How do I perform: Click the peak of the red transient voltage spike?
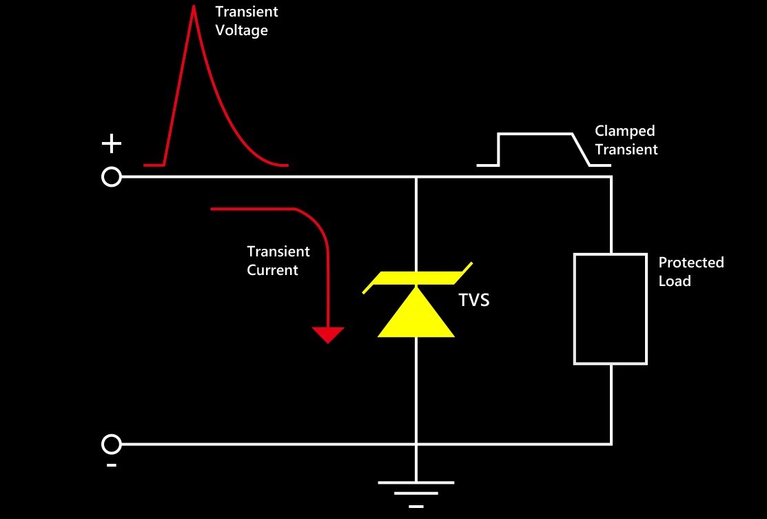click(194, 6)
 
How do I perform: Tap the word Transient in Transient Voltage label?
click(247, 12)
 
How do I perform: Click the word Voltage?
click(242, 30)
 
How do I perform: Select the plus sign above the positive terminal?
click(112, 144)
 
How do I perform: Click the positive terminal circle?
click(112, 177)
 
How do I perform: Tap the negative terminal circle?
click(112, 444)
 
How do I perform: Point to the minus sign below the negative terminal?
click(112, 465)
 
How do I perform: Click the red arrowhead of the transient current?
click(328, 334)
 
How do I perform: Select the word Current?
click(272, 270)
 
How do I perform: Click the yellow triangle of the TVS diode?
click(416, 313)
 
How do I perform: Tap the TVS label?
click(473, 300)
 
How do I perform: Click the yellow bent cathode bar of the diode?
click(416, 278)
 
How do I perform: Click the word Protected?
click(691, 263)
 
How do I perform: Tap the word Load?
click(675, 281)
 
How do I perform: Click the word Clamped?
click(624, 131)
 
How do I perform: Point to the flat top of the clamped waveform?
click(535, 133)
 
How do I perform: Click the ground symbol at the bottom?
click(416, 493)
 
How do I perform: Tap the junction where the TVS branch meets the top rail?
click(416, 177)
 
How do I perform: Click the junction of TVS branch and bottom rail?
click(416, 444)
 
